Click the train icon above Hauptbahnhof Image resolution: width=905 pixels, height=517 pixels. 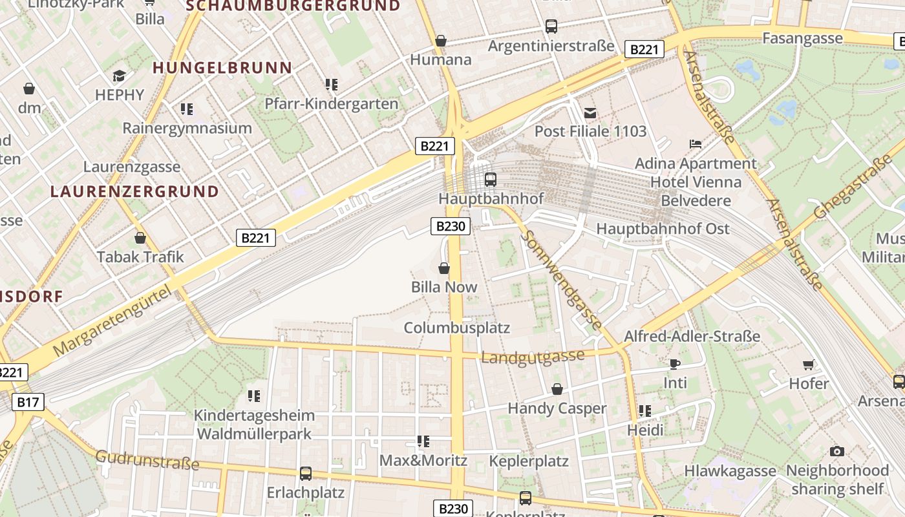coord(490,179)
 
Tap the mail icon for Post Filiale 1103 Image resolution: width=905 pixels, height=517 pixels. coord(590,113)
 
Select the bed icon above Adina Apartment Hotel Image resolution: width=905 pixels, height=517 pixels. coord(696,144)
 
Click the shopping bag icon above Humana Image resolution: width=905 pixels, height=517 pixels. coord(441,41)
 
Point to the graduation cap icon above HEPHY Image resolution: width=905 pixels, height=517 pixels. coord(119,76)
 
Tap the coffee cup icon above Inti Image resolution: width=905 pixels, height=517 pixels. coord(675,364)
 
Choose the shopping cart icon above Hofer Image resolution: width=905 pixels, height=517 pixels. coord(808,365)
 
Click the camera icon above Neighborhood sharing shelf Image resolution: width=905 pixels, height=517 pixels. coord(837,451)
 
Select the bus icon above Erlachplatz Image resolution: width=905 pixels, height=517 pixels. coord(306,474)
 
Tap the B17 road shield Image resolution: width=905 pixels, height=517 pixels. coord(28,403)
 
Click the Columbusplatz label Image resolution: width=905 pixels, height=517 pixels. coord(457,328)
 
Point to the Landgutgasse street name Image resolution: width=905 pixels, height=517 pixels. coord(533,357)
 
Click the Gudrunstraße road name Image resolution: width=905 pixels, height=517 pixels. coord(147,461)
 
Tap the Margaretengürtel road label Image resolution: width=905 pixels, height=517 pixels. coord(114,321)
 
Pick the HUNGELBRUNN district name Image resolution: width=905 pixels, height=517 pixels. coord(222,68)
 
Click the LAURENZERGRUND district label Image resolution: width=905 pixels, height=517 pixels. coord(134,192)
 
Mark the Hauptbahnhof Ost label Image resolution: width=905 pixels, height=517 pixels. coord(662,229)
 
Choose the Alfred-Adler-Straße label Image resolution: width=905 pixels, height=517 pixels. coord(692,337)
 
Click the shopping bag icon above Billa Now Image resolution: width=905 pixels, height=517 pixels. coord(444,268)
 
